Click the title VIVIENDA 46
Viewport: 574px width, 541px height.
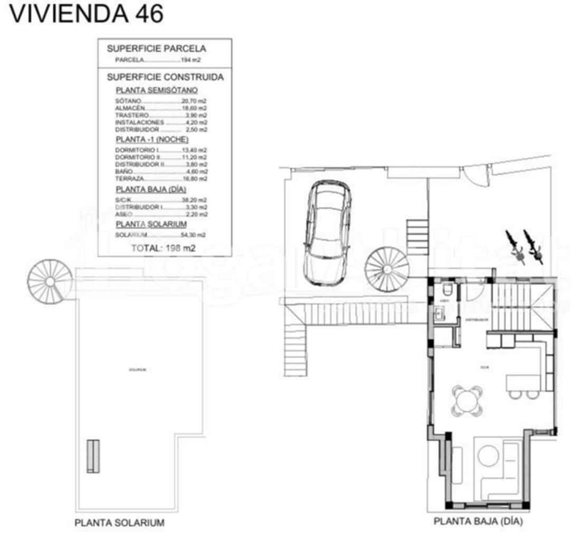pos(87,14)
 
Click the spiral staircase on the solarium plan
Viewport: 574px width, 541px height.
pos(50,280)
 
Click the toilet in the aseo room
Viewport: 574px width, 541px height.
pos(447,291)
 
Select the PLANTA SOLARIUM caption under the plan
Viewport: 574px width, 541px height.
pos(120,523)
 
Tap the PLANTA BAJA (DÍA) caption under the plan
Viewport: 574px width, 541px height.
pos(478,521)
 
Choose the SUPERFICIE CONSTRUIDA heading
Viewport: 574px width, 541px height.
pos(165,77)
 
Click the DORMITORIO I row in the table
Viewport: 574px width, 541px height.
pos(161,150)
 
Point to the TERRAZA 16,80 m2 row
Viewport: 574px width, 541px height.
pos(161,178)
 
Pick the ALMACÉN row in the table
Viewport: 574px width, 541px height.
pos(161,108)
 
